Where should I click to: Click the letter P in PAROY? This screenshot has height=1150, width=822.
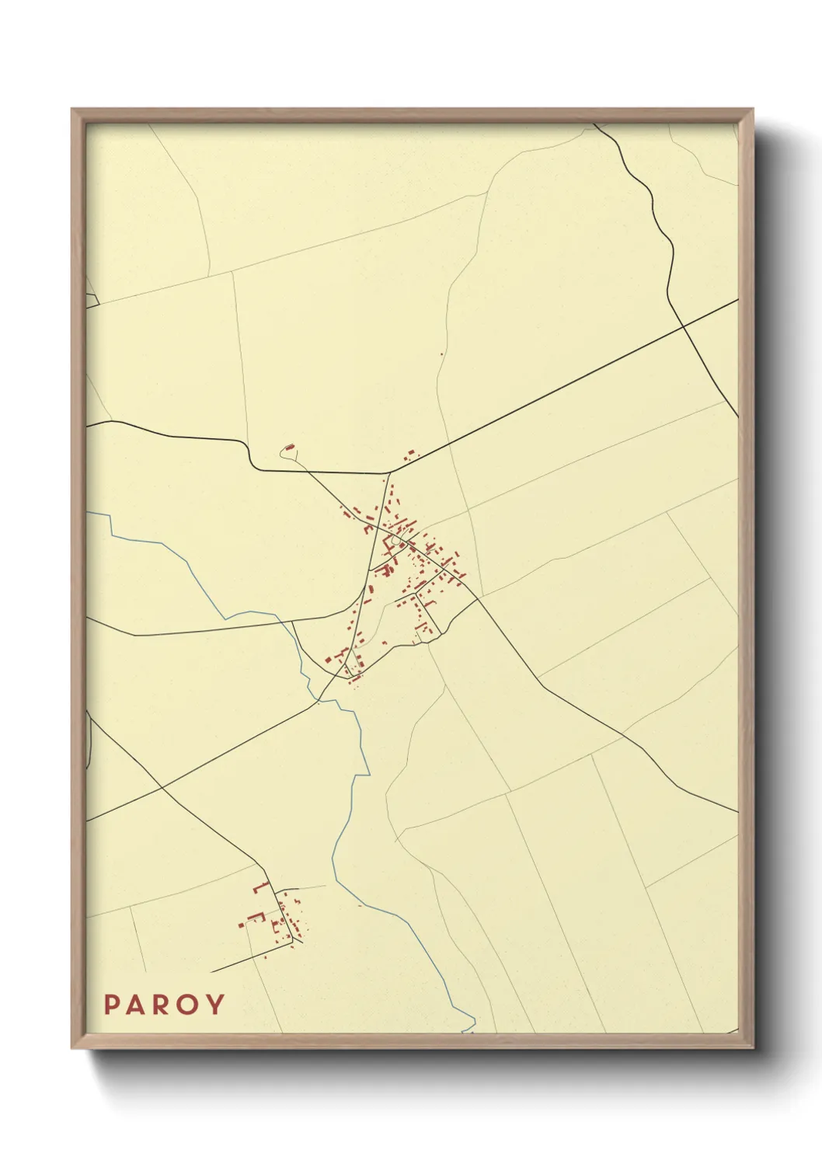click(111, 1005)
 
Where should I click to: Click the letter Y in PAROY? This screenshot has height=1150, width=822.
click(215, 1005)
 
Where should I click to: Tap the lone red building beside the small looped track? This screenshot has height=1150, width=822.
click(291, 448)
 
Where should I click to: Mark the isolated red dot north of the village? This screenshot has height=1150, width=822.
click(441, 354)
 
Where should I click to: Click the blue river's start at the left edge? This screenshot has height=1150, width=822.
click(89, 513)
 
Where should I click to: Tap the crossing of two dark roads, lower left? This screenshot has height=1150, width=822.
click(161, 789)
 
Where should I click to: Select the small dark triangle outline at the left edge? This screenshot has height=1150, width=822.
click(91, 300)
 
